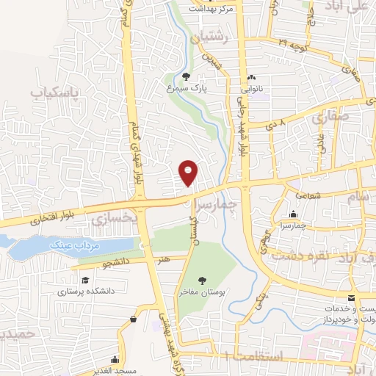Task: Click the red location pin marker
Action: pos(189,172)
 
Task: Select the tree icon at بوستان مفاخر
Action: pos(202,280)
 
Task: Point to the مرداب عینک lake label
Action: pos(67,245)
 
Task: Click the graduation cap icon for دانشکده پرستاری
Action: pos(86,280)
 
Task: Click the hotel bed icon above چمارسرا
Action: pos(293,213)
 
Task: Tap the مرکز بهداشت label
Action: pos(210,8)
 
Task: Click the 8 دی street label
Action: pos(272,125)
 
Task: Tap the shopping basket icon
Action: pos(133,319)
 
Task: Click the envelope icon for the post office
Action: pos(352,297)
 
